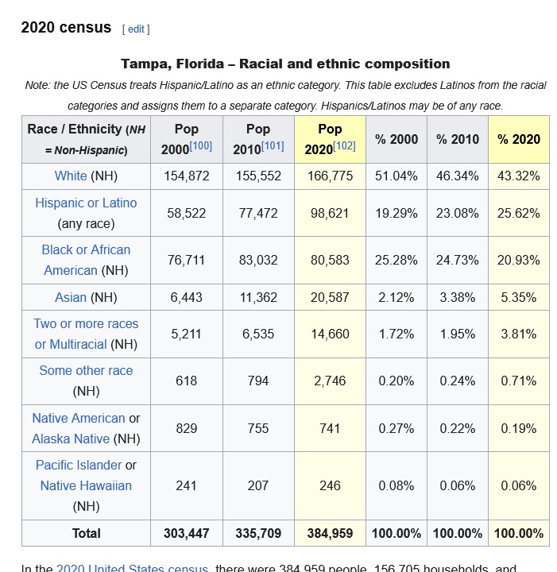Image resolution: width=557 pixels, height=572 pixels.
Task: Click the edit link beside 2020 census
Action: click(x=136, y=29)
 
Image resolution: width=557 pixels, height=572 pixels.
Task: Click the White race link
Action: click(x=71, y=176)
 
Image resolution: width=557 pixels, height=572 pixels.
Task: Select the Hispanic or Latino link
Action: click(x=86, y=203)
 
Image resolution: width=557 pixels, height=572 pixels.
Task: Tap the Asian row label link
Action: click(x=71, y=297)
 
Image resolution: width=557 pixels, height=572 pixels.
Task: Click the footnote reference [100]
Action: click(x=200, y=146)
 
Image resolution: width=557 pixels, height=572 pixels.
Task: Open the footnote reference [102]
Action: click(x=344, y=146)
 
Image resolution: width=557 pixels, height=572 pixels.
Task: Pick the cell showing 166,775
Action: click(x=330, y=176)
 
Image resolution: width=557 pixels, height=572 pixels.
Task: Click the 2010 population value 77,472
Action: click(x=258, y=213)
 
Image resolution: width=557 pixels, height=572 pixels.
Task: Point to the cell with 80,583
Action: click(x=330, y=260)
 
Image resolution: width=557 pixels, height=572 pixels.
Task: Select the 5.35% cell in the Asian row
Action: click(x=519, y=297)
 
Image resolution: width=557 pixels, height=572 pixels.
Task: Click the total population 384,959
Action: click(x=330, y=533)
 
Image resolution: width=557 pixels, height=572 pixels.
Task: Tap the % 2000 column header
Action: click(x=396, y=139)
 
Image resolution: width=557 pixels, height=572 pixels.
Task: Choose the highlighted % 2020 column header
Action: click(x=519, y=139)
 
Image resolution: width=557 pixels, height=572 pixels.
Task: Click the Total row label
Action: click(x=86, y=533)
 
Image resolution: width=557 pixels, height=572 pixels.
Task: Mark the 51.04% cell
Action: click(x=396, y=176)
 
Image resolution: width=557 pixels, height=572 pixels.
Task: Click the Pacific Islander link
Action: click(x=79, y=465)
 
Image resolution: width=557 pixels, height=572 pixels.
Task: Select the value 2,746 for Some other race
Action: click(x=330, y=381)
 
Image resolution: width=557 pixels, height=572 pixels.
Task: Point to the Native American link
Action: click(x=79, y=418)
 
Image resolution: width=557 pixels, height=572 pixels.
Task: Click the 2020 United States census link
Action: click(x=132, y=567)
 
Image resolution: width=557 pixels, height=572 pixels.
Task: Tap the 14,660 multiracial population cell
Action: click(x=330, y=334)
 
